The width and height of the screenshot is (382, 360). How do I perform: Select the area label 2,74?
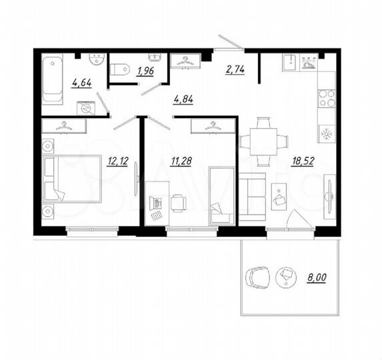(x=235, y=69)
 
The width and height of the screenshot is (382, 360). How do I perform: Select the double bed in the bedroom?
(x=71, y=179)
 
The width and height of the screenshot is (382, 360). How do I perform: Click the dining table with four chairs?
(x=263, y=141)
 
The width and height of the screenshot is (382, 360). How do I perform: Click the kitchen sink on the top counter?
(x=289, y=62)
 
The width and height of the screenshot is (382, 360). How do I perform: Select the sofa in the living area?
(x=252, y=196)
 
